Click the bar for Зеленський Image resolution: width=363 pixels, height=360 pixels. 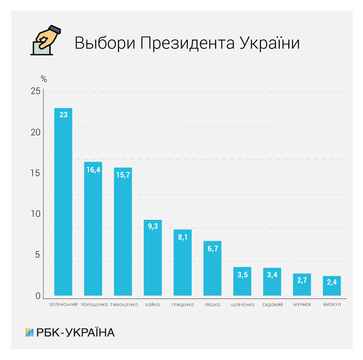[x=63, y=202]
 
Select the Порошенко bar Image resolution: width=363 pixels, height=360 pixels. [x=93, y=228]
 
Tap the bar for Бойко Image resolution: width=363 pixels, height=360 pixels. [x=152, y=258]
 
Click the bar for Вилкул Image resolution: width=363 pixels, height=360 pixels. [x=332, y=286]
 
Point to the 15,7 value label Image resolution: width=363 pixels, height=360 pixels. [x=123, y=175]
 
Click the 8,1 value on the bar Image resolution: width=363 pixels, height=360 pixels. [x=182, y=237]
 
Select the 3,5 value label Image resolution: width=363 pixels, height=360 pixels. [x=242, y=275]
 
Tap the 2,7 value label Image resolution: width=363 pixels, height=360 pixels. [x=302, y=280]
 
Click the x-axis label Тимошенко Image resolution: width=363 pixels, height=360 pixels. [x=124, y=305]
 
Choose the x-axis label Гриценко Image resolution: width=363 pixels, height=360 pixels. [x=183, y=305]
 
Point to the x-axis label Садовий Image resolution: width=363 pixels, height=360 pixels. [x=273, y=305]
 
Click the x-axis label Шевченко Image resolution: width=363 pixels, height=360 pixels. [x=242, y=305]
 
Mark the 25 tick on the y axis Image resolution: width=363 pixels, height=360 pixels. [x=36, y=91]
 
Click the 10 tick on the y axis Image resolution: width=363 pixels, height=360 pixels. [x=36, y=214]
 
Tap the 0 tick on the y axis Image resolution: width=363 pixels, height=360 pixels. [x=38, y=296]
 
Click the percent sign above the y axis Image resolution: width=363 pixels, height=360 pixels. [x=44, y=78]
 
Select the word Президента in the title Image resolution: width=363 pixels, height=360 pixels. [x=187, y=43]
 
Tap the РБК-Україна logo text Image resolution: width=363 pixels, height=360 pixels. [x=75, y=332]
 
